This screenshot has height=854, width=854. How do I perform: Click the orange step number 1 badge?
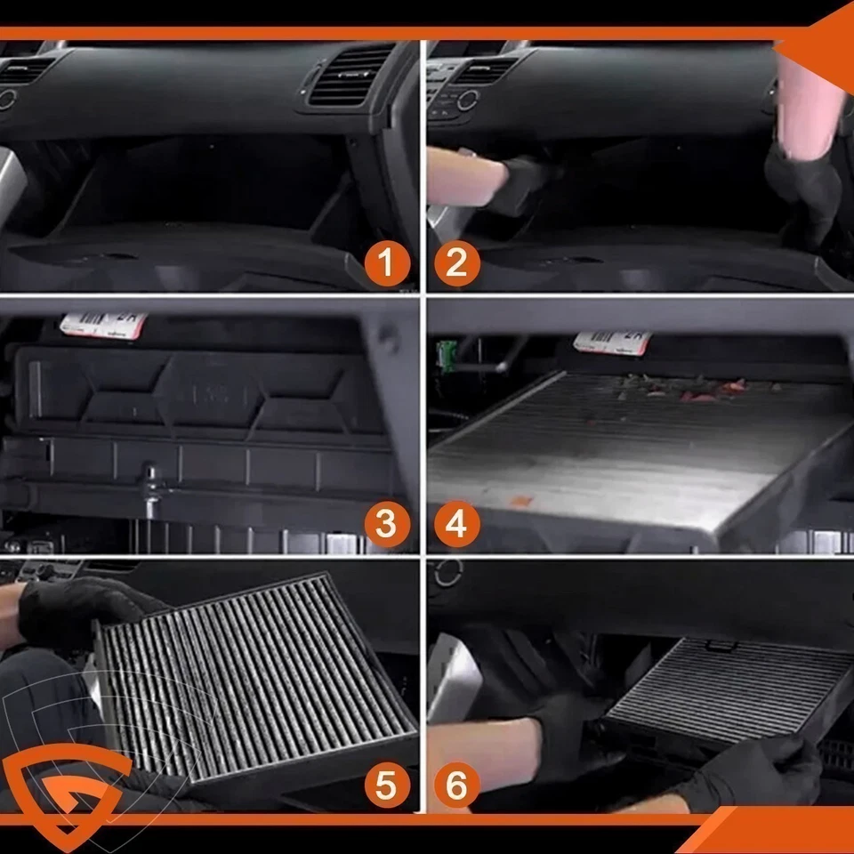click(x=386, y=263)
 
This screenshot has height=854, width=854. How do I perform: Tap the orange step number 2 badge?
click(x=457, y=263)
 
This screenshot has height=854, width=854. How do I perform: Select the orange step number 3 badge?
click(x=386, y=525)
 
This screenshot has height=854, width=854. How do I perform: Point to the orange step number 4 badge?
click(x=457, y=525)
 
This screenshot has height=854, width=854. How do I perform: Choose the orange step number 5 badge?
click(x=386, y=786)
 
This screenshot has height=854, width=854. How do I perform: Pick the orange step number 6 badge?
click(x=457, y=786)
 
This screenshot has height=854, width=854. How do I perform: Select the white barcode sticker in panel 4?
click(x=612, y=342)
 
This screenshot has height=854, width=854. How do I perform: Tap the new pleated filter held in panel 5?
click(x=258, y=676)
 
